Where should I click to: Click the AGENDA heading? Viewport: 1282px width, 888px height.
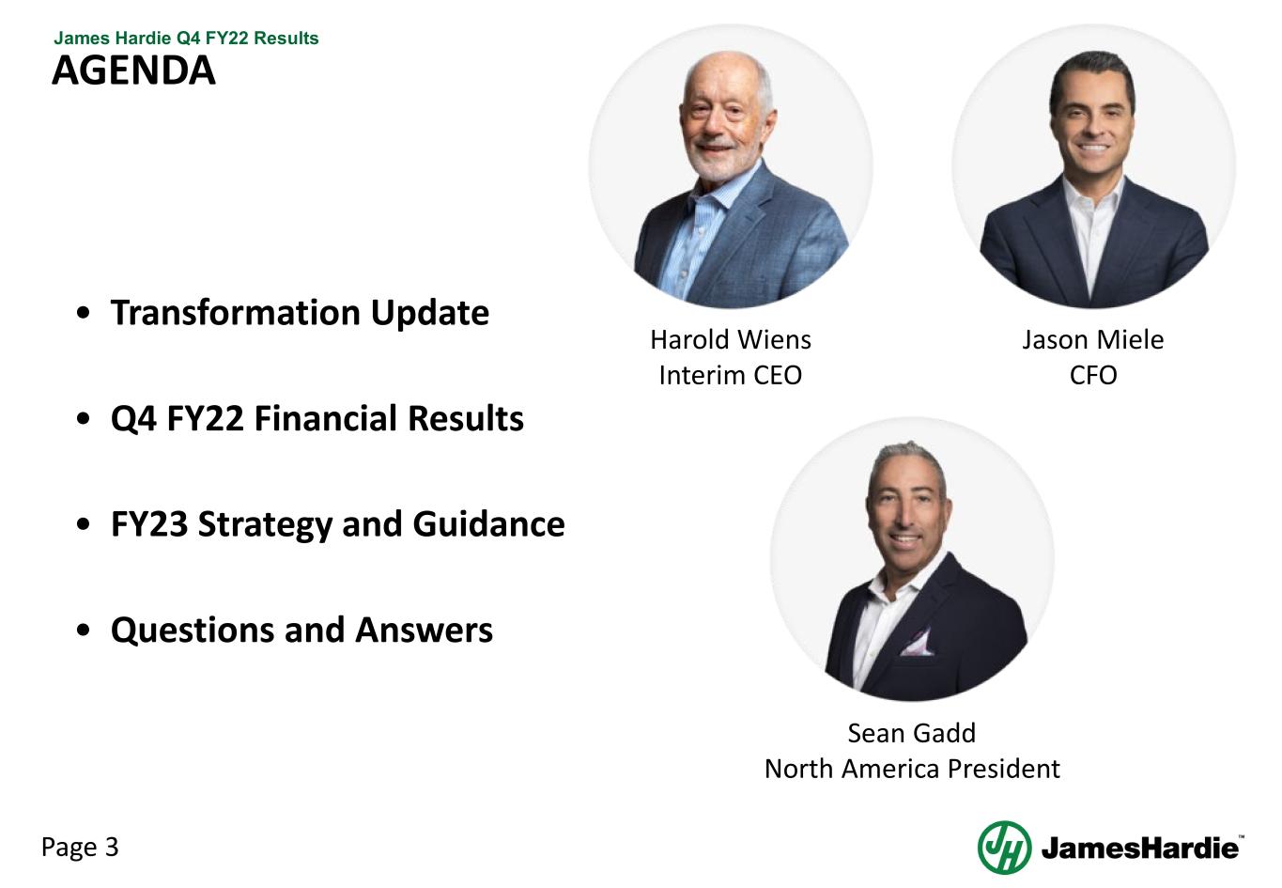coord(133,71)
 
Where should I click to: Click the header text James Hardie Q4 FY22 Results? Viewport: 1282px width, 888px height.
coord(186,39)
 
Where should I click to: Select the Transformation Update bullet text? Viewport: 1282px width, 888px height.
coord(300,313)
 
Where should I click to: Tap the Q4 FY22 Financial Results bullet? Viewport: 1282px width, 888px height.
coord(317,418)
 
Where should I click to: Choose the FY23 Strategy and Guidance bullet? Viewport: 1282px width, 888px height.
coord(337,524)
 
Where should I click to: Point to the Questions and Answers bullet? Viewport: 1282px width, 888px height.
coord(301,631)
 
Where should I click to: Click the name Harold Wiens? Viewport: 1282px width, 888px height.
coord(730,339)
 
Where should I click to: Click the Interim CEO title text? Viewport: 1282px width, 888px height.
coord(730,375)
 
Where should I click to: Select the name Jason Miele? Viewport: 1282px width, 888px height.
coord(1092,339)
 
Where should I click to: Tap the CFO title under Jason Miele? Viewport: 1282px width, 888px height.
coord(1092,375)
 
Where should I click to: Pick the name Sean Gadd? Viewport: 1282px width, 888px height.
coord(911,733)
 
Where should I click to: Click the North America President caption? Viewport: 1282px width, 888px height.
coord(911,769)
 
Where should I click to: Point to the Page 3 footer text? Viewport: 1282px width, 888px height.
coord(80,848)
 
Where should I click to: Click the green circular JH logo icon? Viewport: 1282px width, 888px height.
coord(1004,848)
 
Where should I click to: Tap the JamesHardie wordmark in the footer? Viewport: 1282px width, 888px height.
coord(1140,849)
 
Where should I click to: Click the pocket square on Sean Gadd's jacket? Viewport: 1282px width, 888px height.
coord(916,644)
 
